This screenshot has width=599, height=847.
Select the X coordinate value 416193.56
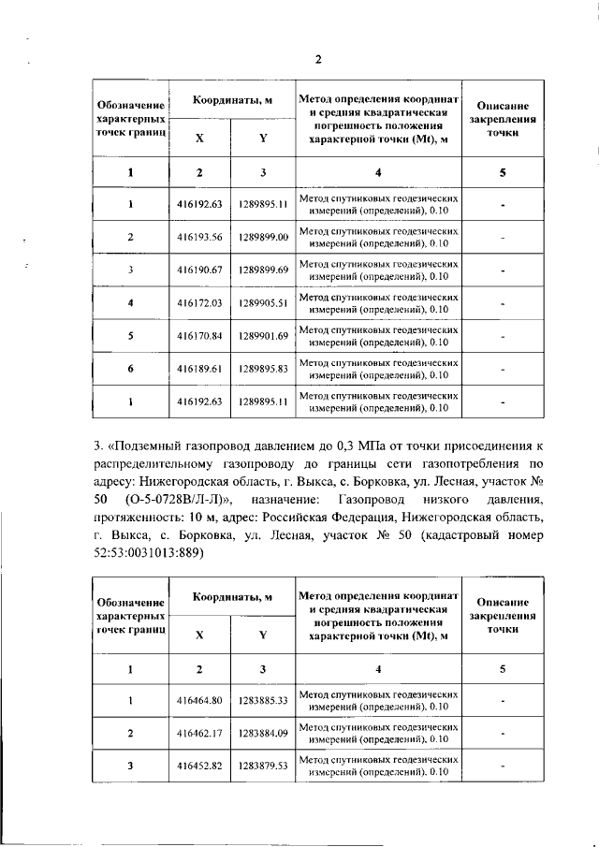point(198,237)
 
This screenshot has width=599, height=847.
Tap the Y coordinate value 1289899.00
point(263,237)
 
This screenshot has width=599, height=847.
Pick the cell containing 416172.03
point(198,303)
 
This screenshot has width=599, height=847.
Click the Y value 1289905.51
point(263,303)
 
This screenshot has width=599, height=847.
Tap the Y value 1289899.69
point(263,270)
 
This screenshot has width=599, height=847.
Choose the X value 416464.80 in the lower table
point(198,700)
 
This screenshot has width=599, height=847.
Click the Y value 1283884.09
point(263,733)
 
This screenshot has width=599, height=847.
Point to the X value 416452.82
point(198,767)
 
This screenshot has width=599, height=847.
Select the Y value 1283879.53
point(263,767)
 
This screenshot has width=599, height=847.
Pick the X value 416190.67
point(198,270)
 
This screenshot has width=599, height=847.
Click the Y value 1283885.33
point(263,700)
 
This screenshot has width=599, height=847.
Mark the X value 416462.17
point(198,733)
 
